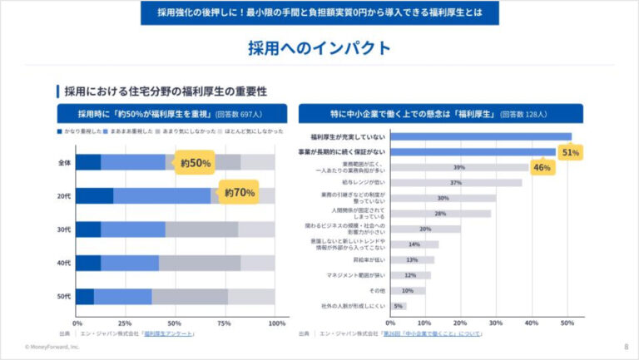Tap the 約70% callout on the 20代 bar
pyautogui.click(x=240, y=193)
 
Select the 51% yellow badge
pyautogui.click(x=570, y=153)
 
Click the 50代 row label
pyautogui.click(x=64, y=296)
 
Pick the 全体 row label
pyautogui.click(x=64, y=162)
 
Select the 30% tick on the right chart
pyautogui.click(x=496, y=323)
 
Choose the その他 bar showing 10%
pyautogui.click(x=407, y=291)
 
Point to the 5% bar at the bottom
pyautogui.click(x=398, y=306)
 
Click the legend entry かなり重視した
pyautogui.click(x=81, y=131)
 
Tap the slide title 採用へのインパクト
pyautogui.click(x=319, y=47)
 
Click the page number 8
pyautogui.click(x=626, y=347)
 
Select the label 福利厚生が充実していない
pyautogui.click(x=348, y=136)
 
